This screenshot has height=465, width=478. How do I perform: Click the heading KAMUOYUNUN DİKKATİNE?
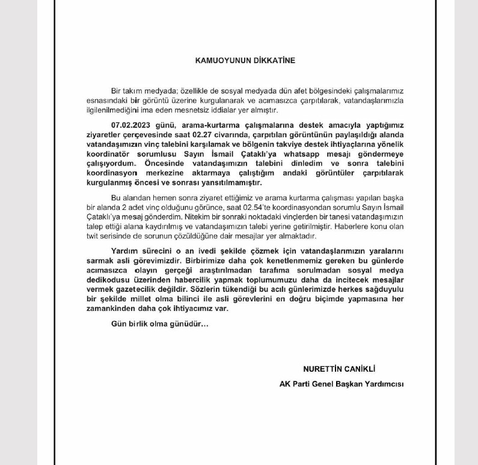click(245, 60)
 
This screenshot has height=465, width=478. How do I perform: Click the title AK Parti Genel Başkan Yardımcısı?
click(341, 384)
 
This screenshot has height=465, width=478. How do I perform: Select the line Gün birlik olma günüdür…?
click(160, 324)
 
